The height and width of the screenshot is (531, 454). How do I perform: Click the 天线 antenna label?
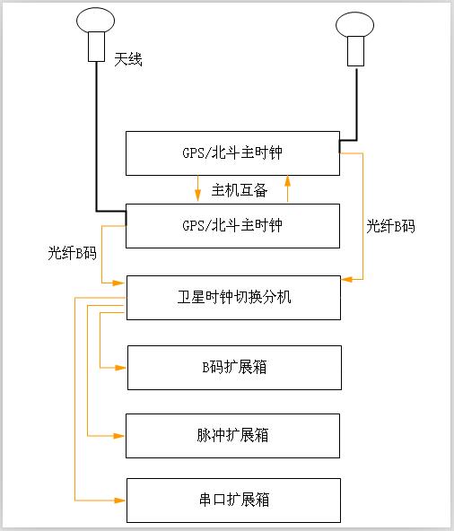128,60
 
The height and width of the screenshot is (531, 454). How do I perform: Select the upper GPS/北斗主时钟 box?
232,153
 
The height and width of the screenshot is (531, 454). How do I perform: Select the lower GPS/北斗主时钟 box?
232,225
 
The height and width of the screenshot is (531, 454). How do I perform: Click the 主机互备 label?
240,190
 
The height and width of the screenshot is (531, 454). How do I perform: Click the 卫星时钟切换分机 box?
233,298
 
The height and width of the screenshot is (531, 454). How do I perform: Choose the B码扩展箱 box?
233,368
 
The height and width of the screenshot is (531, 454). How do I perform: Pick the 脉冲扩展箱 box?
233,436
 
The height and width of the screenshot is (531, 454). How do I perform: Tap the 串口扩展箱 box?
233,501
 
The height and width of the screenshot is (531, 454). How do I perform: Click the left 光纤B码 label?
72,253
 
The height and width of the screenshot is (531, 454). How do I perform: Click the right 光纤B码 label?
390,226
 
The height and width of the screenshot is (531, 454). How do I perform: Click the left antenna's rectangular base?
96,48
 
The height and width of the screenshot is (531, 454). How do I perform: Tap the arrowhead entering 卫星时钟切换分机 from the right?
346,281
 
